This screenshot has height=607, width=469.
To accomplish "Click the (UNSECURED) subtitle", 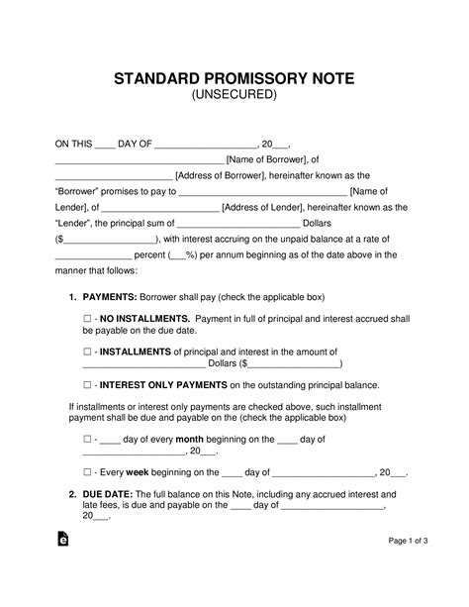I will [234, 95].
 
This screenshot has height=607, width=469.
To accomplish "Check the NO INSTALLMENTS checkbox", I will [88, 319].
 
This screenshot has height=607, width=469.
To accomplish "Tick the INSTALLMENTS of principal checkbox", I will [88, 352].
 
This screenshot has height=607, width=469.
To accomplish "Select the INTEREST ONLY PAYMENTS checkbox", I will [88, 385].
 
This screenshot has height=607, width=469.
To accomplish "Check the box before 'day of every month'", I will [88, 438].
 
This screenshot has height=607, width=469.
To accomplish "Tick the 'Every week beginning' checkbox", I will [88, 472].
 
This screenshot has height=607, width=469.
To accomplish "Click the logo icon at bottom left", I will [63, 567].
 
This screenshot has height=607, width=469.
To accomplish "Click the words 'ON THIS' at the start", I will [72, 143].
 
